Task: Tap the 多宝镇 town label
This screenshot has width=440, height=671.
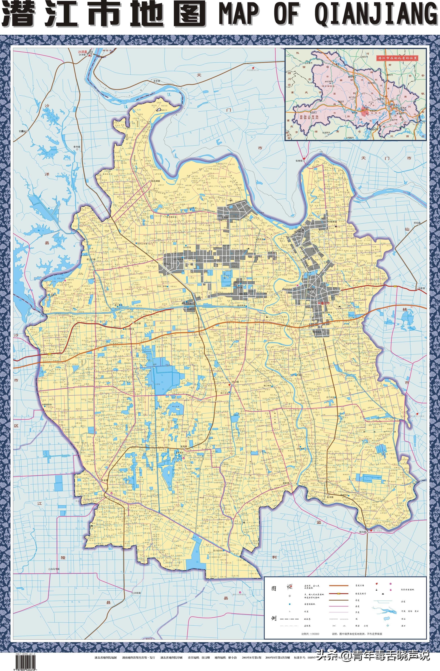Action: click(x=157, y=81)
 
